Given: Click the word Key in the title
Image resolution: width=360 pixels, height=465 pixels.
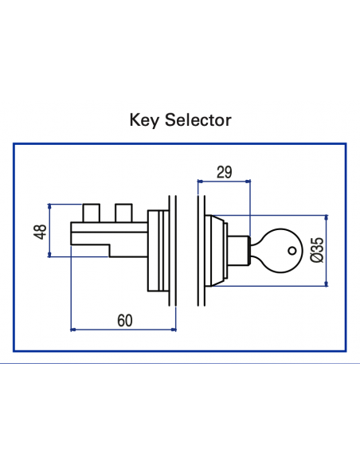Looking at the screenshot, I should (x=144, y=120).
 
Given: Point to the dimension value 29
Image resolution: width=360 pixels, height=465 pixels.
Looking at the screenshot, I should (x=225, y=171).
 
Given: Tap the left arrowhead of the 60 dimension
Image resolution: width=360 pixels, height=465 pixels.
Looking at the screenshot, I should (x=74, y=329).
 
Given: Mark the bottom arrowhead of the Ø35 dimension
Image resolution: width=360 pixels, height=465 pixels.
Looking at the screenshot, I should (x=326, y=283).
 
